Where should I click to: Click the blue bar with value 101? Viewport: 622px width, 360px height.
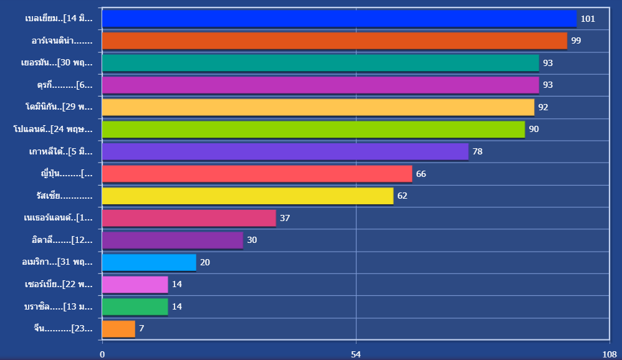click(339, 19)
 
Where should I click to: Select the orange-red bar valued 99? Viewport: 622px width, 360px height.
click(334, 41)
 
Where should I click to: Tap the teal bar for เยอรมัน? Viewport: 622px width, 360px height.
click(320, 63)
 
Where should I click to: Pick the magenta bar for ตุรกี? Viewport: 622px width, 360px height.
click(320, 85)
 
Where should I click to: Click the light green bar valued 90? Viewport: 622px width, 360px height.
click(313, 130)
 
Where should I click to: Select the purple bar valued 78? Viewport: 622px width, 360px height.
click(285, 151)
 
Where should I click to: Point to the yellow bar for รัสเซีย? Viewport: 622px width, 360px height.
click(247, 196)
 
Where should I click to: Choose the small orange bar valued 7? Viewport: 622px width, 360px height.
click(118, 328)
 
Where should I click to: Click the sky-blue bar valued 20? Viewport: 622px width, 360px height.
click(149, 262)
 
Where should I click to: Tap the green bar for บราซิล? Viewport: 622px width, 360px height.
click(135, 306)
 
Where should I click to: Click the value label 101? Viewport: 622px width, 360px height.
click(588, 19)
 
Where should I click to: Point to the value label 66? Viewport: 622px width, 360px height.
click(421, 174)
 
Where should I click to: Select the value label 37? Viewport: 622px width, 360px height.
click(285, 218)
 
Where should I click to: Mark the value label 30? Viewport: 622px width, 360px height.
click(252, 240)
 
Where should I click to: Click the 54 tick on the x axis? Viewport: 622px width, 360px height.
click(356, 354)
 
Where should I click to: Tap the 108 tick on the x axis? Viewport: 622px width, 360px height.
click(609, 354)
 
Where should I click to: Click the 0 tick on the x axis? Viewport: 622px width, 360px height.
click(102, 354)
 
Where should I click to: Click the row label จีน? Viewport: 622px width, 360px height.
click(64, 328)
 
